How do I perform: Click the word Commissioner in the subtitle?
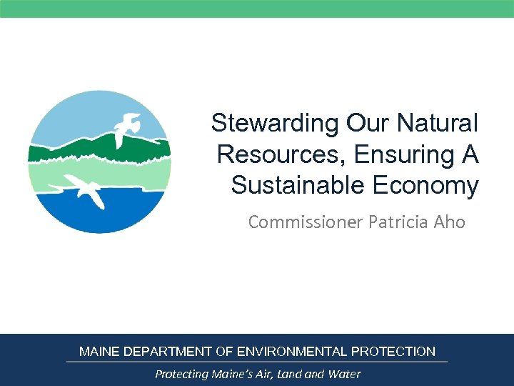tap(305, 222)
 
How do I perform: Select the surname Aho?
tap(449, 222)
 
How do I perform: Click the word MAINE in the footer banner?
tap(99, 352)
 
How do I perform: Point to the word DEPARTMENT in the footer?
tap(168, 352)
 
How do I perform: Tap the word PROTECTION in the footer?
tap(393, 352)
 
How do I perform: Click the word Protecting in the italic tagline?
tap(181, 374)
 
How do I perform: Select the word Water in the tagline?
tap(345, 374)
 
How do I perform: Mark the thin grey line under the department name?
tap(257, 362)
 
